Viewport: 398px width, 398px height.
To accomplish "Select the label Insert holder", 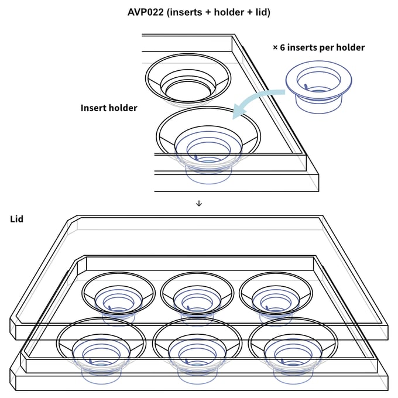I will [109, 108].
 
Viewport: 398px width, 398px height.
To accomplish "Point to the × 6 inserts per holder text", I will [318, 47].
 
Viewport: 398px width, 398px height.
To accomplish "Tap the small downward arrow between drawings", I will [199, 203].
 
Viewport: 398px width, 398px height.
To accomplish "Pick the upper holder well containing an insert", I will [208, 140].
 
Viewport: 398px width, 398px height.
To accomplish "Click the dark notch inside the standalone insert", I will [306, 87].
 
